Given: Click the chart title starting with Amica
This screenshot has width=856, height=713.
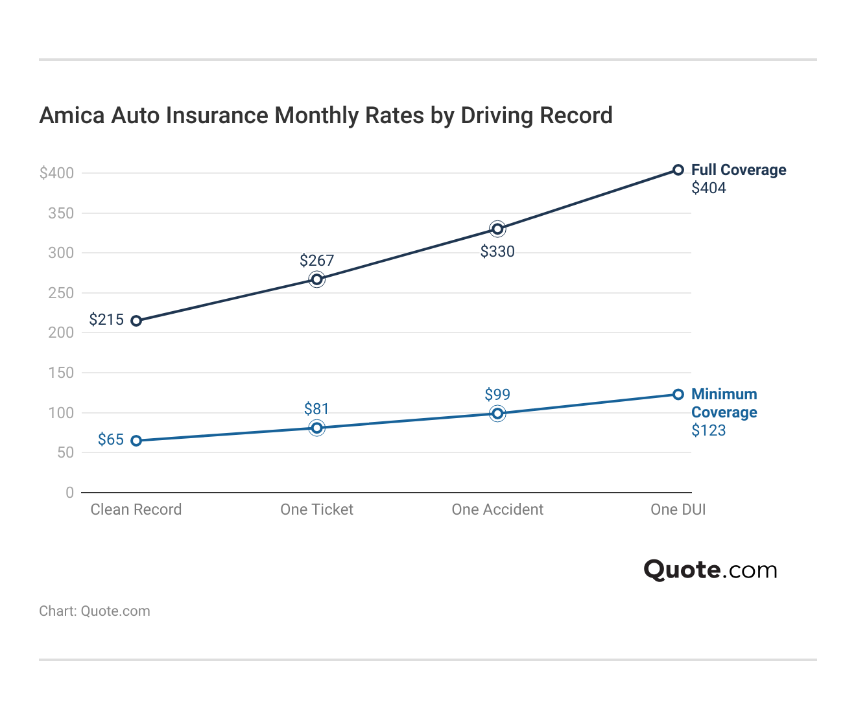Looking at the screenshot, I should tap(326, 115).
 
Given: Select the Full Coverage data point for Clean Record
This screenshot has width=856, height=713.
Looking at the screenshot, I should tap(136, 321).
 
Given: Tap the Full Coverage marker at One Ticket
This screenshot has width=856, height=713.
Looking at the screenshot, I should tap(316, 279).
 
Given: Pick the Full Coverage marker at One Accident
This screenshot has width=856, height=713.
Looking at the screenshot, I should tap(497, 229).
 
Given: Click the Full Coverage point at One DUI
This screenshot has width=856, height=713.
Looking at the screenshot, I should tap(678, 170).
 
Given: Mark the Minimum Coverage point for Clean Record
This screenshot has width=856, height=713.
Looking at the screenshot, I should tap(136, 441).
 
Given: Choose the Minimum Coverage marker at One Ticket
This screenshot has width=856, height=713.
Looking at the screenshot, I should tap(316, 428).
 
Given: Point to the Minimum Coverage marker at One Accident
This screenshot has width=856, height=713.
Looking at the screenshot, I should tap(497, 414).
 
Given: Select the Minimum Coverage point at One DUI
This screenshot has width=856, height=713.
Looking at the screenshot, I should tap(678, 395).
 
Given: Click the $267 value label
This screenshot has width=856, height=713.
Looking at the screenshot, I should tap(316, 261).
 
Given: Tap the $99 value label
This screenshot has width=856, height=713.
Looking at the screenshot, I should tap(497, 395).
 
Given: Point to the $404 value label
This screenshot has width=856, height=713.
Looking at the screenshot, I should tap(708, 189).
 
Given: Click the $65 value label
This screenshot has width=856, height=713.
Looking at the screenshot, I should tap(111, 439).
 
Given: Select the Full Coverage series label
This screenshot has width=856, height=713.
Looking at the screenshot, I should tap(739, 170).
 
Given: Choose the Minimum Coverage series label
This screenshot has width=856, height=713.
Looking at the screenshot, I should tap(724, 403).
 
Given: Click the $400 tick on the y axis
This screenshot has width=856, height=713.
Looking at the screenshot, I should tap(57, 173).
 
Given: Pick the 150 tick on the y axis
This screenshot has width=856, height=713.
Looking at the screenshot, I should tap(62, 373).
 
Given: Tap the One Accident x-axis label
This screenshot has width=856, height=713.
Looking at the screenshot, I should tap(497, 509).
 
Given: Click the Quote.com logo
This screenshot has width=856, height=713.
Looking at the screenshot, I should tap(710, 570).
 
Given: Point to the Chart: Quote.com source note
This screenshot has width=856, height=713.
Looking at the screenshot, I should tap(95, 611).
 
